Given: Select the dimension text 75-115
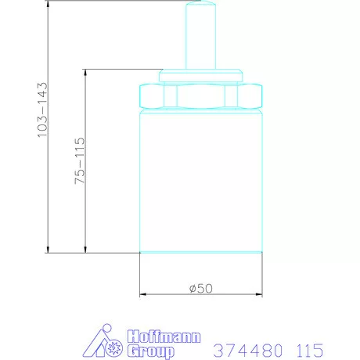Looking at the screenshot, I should [79, 160].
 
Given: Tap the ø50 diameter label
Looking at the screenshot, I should [201, 288].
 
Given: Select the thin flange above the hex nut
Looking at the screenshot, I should [200, 75].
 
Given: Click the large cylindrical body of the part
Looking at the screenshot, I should [200, 180].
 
